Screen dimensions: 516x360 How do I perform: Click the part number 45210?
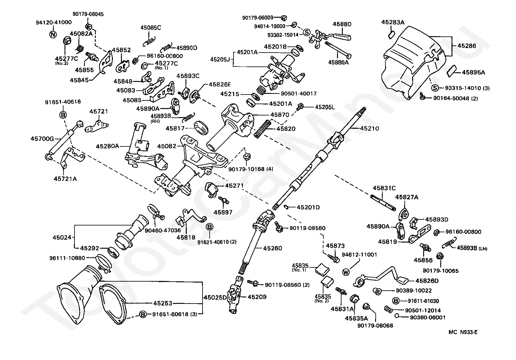pyautogui.click(x=369, y=128)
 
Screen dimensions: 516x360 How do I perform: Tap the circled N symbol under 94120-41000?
pyautogui.click(x=53, y=35)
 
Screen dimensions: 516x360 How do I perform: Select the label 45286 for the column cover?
pyautogui.click(x=467, y=45)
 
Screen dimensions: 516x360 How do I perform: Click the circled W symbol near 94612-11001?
pyautogui.click(x=346, y=272)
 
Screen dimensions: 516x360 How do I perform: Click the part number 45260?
pyautogui.click(x=273, y=248)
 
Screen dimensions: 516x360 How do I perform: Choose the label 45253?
pyautogui.click(x=163, y=303)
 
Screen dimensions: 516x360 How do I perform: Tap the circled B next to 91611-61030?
pyautogui.click(x=395, y=301)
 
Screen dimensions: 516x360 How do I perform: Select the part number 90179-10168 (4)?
pyautogui.click(x=251, y=169)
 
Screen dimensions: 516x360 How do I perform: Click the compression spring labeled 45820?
pyautogui.click(x=262, y=129)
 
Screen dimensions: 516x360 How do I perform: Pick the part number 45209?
pyautogui.click(x=257, y=297)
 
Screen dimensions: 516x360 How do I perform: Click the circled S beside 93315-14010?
pyautogui.click(x=434, y=88)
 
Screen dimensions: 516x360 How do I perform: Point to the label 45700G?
pyautogui.click(x=42, y=138)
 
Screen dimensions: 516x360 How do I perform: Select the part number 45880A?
pyautogui.click(x=338, y=62)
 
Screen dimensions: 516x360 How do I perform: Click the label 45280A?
pyautogui.click(x=108, y=146)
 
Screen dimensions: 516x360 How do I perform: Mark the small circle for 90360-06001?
pyautogui.click(x=397, y=316)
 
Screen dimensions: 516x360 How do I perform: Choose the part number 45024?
pyautogui.click(x=62, y=237)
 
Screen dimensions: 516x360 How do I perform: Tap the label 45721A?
pyautogui.click(x=65, y=179)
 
